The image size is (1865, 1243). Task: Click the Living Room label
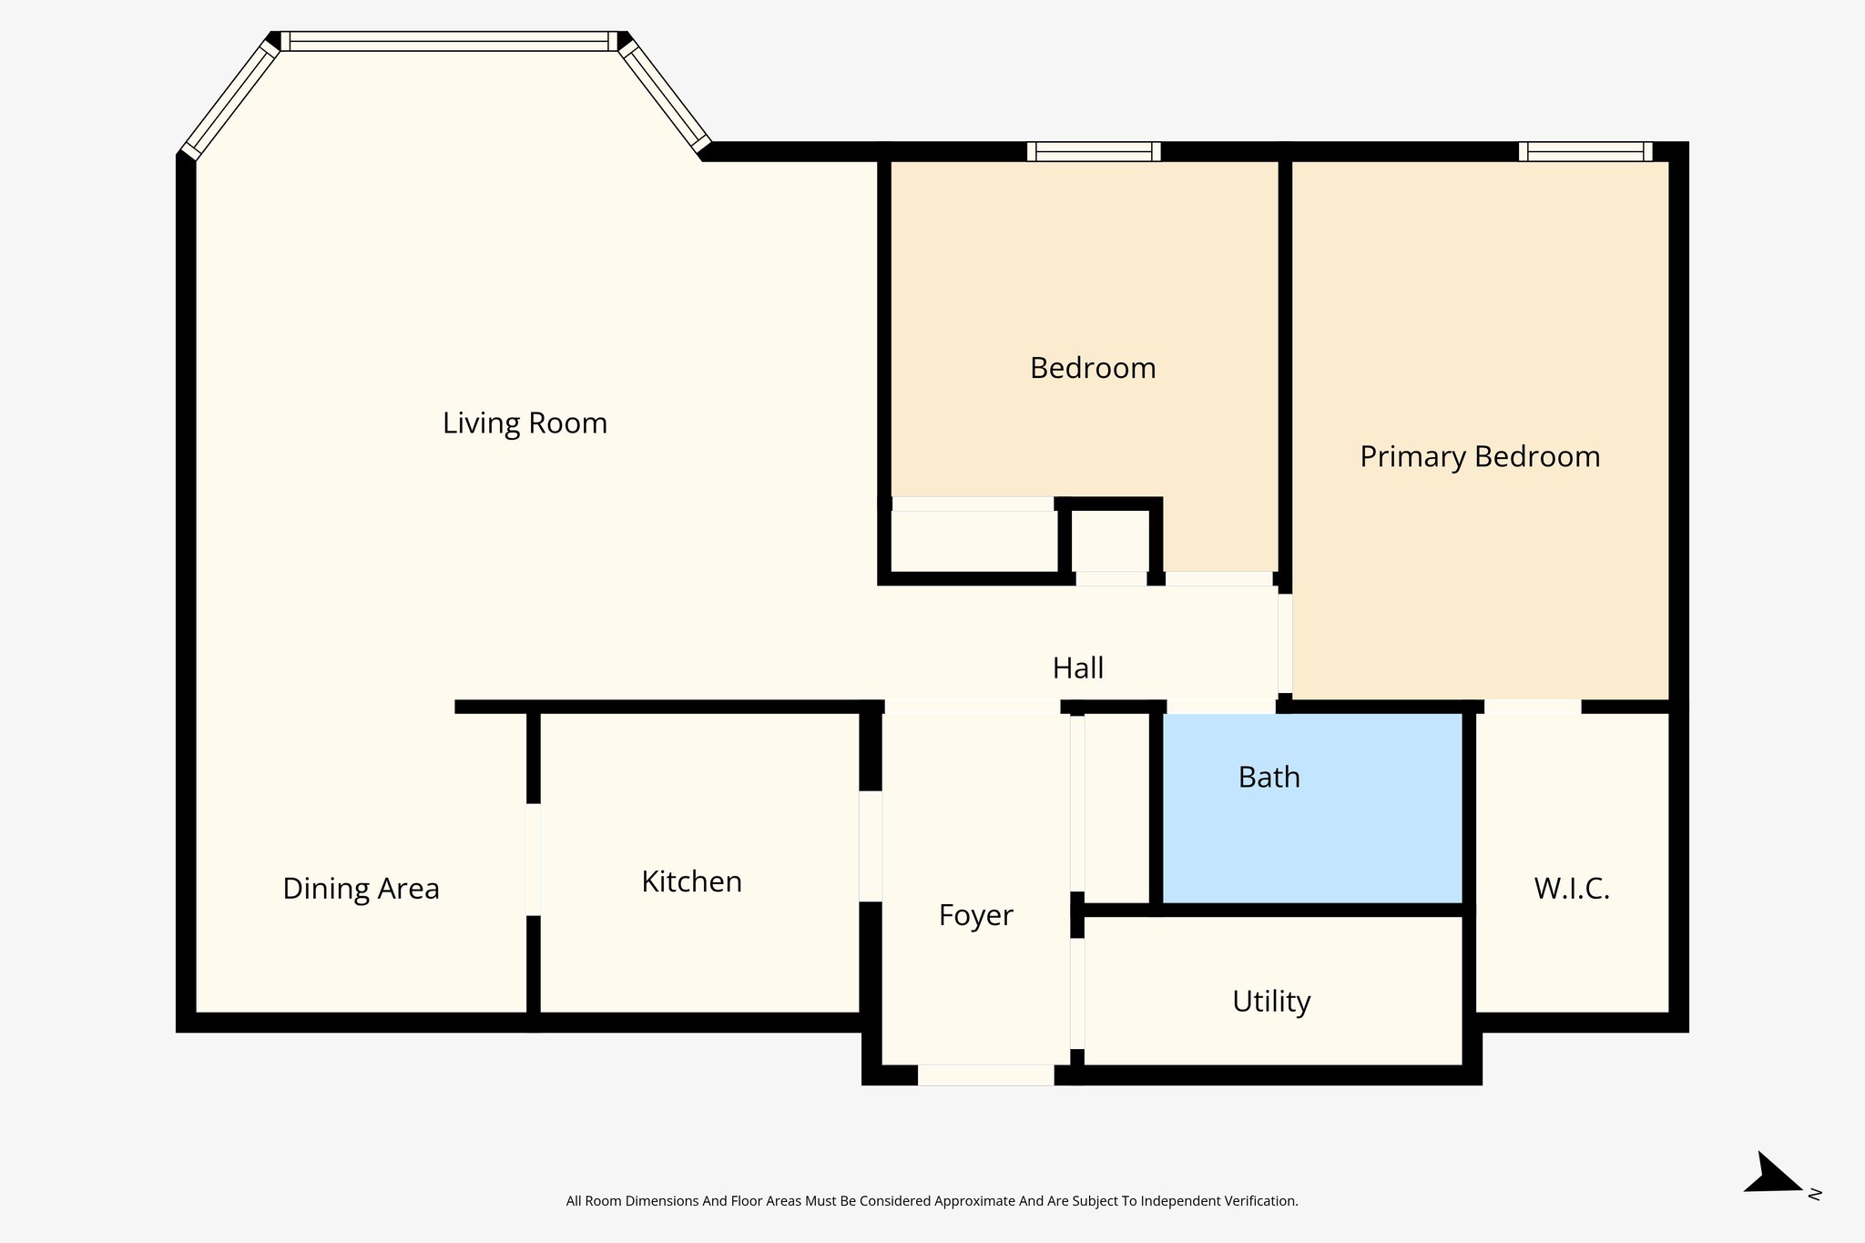(525, 423)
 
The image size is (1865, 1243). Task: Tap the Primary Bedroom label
(1479, 456)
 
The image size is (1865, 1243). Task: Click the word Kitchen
(691, 881)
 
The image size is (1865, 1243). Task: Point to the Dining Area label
(361, 889)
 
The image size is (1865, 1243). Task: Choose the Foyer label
(975, 915)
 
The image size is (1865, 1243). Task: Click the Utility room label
(1270, 1002)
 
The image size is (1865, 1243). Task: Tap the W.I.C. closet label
(1571, 889)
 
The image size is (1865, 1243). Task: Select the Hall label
(1077, 668)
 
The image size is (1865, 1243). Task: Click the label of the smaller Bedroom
(1092, 368)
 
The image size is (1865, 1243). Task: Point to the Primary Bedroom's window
(1585, 151)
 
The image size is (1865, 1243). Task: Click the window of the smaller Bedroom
(1093, 151)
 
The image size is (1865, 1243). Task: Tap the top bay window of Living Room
(449, 41)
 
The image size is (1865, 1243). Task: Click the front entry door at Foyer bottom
(985, 1075)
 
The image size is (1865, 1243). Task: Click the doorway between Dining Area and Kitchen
(534, 859)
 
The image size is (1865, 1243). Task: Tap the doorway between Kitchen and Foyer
(871, 846)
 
